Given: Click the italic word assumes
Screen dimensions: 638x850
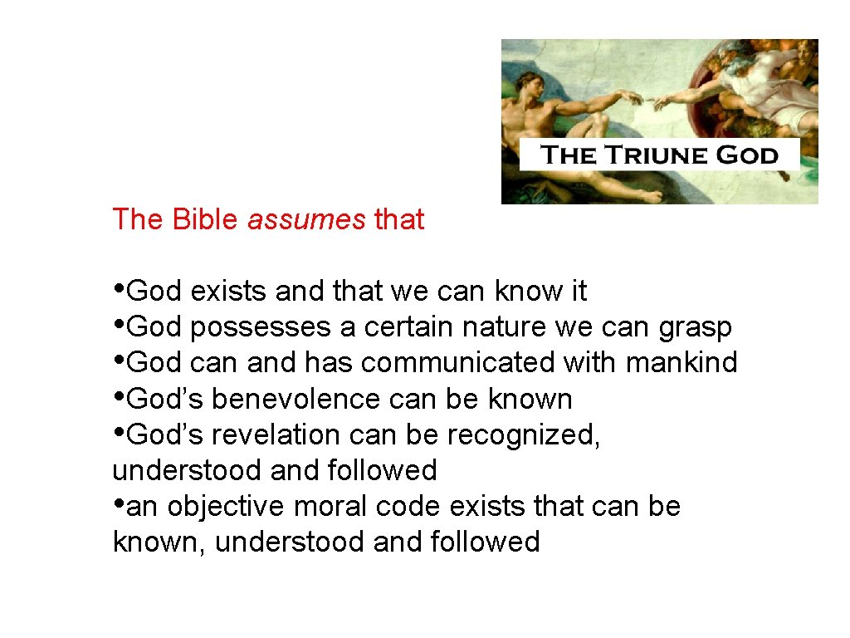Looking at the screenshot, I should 306,220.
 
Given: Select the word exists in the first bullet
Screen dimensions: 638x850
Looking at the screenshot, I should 228,292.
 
